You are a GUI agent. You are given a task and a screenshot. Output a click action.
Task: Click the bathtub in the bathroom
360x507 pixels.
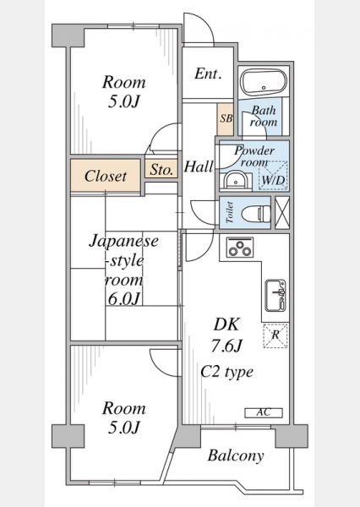coord(265,83)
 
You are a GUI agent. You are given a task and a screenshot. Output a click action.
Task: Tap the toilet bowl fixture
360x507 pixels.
coord(256,214)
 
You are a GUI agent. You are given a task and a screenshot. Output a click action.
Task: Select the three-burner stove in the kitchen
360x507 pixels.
coord(240,248)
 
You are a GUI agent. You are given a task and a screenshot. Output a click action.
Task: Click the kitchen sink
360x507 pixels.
coord(275,296)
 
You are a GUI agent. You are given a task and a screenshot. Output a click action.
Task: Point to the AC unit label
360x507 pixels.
coord(264,413)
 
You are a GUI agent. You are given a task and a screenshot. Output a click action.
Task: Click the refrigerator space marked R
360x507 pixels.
coord(275,335)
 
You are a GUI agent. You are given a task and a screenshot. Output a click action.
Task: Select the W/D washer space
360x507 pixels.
coord(273,176)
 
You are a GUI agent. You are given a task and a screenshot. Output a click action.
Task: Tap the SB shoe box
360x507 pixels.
coord(226,119)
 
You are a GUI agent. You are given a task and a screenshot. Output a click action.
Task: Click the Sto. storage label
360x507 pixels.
coord(161,170)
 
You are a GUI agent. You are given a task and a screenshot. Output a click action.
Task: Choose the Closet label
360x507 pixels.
coord(106,177)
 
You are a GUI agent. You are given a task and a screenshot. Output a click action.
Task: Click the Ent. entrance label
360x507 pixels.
coord(208,74)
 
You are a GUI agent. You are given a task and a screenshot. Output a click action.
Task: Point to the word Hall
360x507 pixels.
coord(199,166)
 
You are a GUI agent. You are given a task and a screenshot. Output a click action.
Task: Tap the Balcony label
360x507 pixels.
coord(236,456)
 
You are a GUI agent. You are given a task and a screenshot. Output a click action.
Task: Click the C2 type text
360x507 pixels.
coord(226,372)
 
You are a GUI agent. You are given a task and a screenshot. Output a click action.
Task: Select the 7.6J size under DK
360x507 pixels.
coord(226,346)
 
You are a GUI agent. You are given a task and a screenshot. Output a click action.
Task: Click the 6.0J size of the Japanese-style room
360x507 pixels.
coord(124,298)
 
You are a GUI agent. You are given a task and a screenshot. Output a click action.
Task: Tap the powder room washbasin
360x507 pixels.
coord(236,181)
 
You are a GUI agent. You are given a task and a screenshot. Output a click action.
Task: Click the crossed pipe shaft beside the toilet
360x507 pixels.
coord(282,212)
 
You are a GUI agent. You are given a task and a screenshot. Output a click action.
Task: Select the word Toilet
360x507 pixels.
coord(229,212)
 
